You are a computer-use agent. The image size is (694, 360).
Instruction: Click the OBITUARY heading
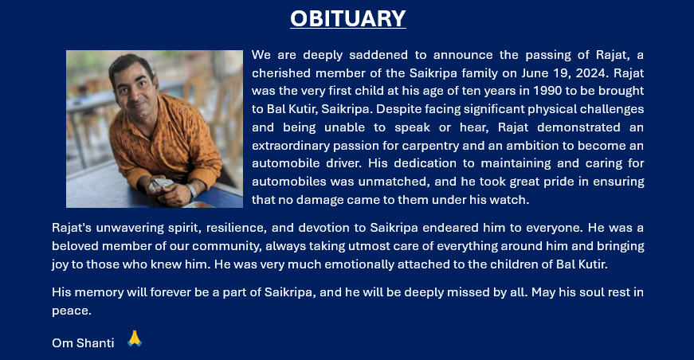pyautogui.click(x=348, y=18)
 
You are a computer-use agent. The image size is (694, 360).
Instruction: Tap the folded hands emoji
pyautogui.click(x=135, y=338)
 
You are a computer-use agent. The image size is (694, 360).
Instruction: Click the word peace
pyautogui.click(x=71, y=311)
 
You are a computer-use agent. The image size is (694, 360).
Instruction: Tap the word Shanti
pyautogui.click(x=95, y=343)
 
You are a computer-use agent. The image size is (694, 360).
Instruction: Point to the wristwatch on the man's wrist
pyautogui.click(x=191, y=190)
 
